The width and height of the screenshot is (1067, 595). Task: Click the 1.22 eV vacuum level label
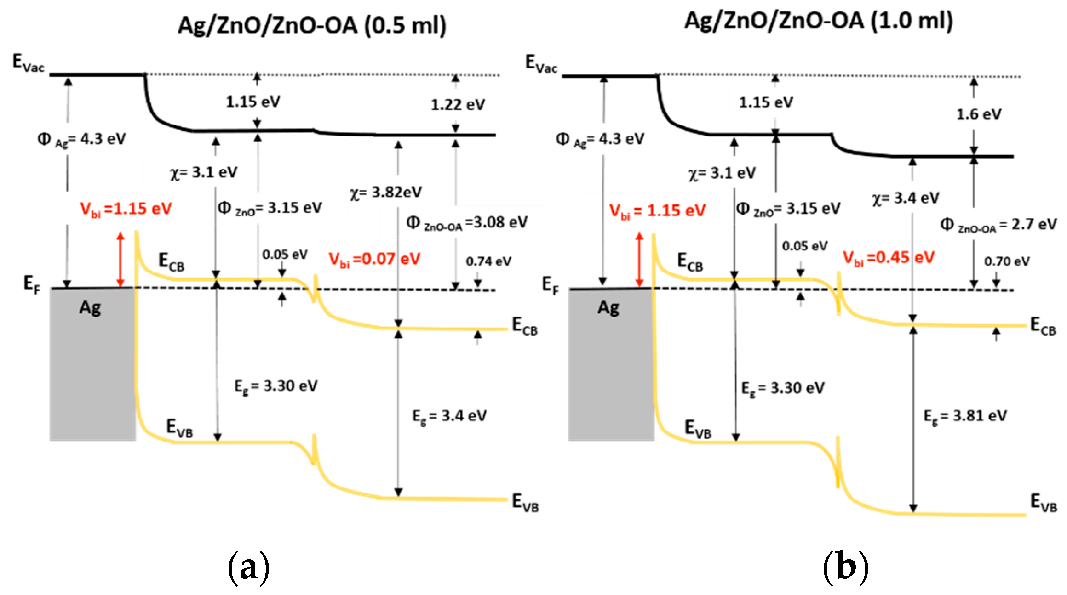(x=458, y=105)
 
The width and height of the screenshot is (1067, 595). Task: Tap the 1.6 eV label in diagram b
(x=979, y=114)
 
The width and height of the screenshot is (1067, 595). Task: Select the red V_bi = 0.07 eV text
(x=374, y=260)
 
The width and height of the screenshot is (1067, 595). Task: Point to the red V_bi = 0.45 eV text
(x=888, y=258)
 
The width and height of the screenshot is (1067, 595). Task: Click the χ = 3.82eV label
(x=385, y=193)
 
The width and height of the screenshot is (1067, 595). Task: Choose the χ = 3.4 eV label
(x=905, y=198)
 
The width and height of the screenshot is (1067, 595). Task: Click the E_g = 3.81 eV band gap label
(x=965, y=416)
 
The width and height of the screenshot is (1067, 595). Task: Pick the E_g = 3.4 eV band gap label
(x=449, y=416)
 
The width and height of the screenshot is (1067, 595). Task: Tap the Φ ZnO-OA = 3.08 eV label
(x=466, y=223)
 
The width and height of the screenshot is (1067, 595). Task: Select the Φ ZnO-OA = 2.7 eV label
(x=998, y=225)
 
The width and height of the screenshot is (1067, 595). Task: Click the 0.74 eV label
(x=488, y=261)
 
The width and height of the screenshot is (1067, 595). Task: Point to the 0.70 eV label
(x=1007, y=261)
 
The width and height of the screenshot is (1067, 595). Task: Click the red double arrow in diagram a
(x=120, y=260)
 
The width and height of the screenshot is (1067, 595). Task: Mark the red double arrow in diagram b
(x=639, y=260)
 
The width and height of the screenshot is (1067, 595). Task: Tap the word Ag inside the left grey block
(x=90, y=308)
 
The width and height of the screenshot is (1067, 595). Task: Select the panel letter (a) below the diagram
(x=248, y=568)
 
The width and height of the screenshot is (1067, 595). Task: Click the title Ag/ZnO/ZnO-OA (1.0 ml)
(x=818, y=21)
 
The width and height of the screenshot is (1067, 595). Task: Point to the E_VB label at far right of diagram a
(x=525, y=502)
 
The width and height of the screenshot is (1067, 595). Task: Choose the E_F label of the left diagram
(x=32, y=284)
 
